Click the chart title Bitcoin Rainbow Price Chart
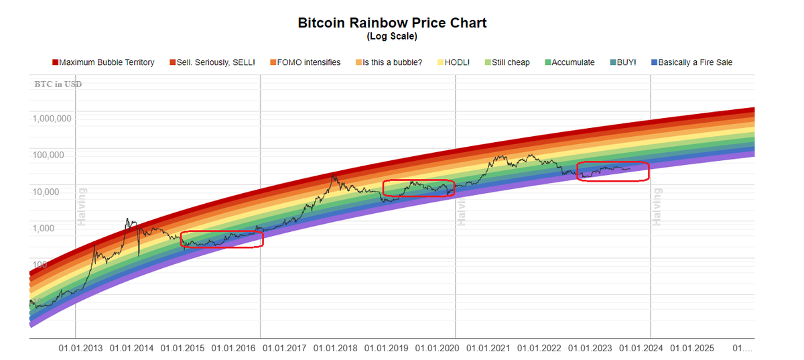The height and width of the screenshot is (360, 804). [392, 23]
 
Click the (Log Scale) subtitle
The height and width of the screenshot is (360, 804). [392, 36]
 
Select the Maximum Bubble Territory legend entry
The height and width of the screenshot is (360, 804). [103, 62]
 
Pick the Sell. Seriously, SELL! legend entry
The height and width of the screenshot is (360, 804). [212, 62]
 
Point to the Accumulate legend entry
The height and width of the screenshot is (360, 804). [569, 62]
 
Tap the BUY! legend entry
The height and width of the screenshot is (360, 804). [622, 62]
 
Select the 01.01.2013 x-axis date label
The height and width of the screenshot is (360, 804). [81, 349]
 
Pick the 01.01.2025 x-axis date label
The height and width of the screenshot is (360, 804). [692, 349]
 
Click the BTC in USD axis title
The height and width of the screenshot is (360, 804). [58, 84]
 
